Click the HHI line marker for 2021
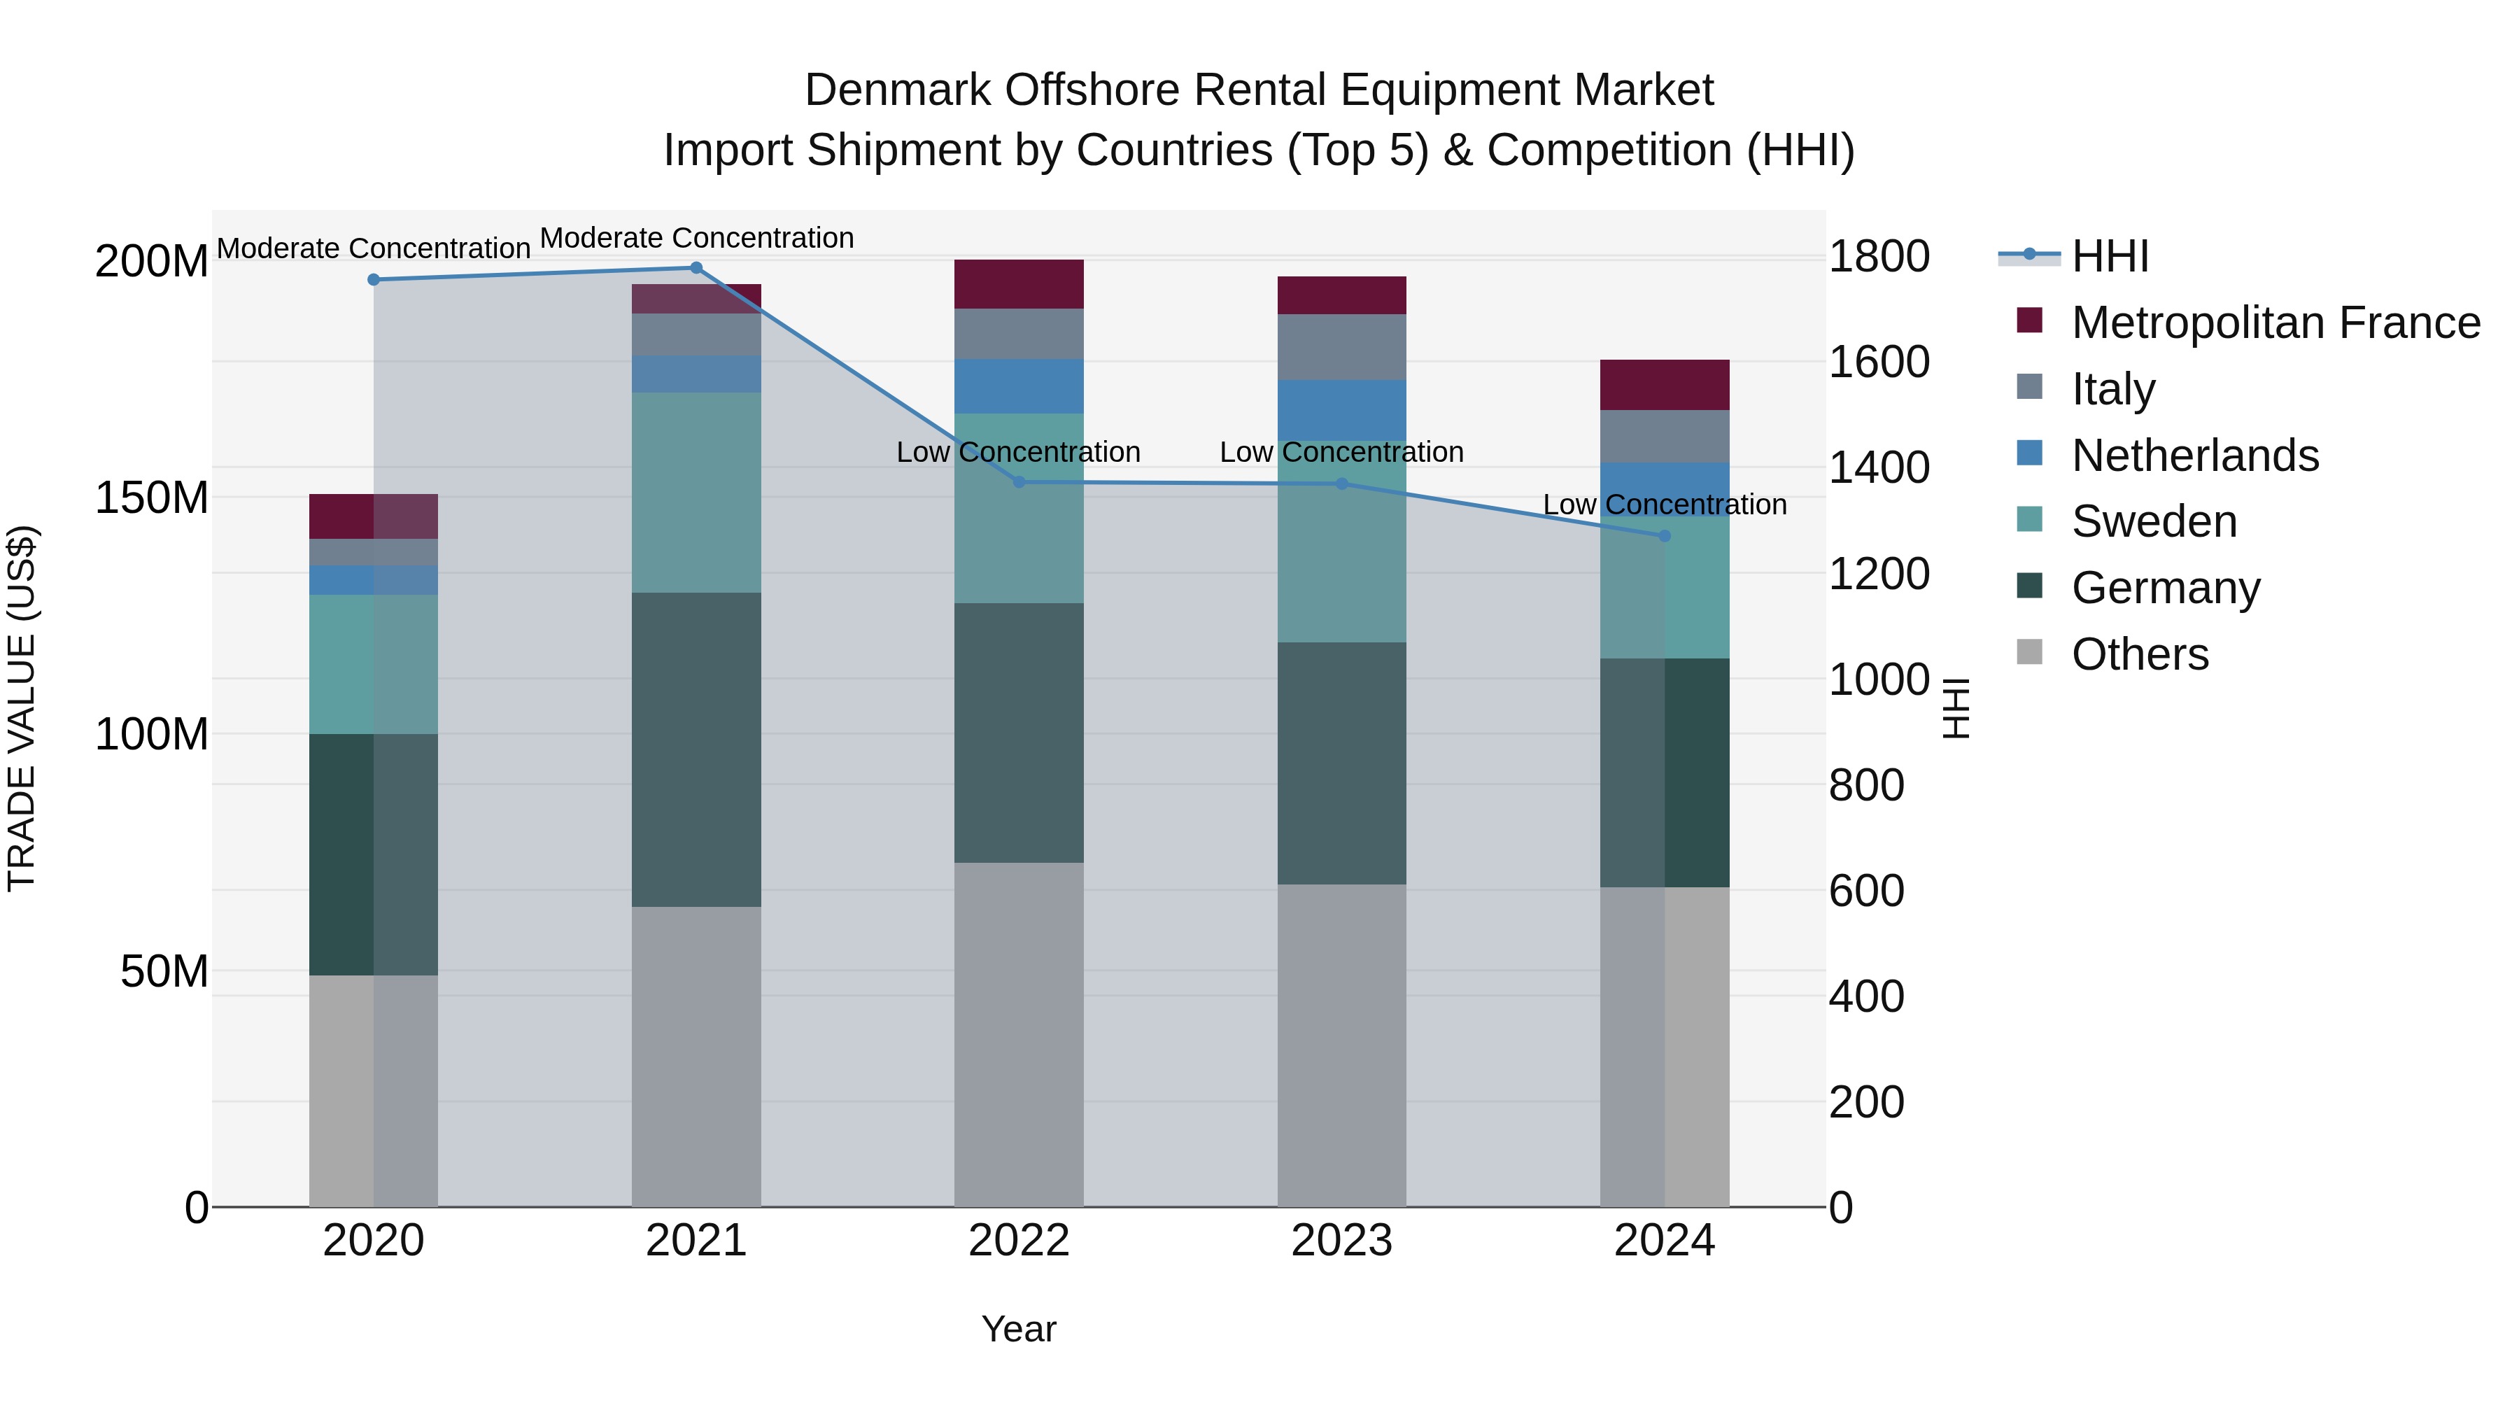point(696,268)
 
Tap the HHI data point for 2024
point(1665,536)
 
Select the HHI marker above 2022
point(1019,482)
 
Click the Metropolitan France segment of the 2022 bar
point(1019,285)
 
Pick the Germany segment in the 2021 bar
point(696,749)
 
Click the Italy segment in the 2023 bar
point(1341,347)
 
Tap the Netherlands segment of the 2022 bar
point(1019,386)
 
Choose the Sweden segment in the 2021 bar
point(696,492)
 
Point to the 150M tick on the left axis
point(152,498)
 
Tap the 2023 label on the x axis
point(1341,1241)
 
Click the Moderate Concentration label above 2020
point(374,248)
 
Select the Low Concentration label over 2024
point(1665,505)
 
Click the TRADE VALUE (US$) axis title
point(22,708)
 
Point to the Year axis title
point(1019,1329)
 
